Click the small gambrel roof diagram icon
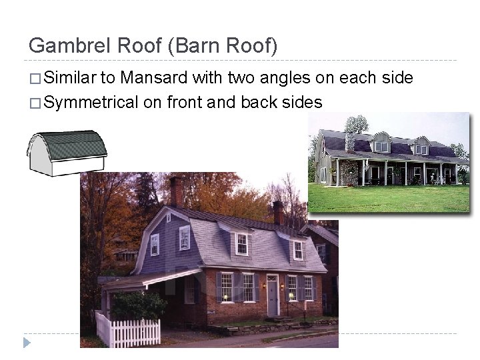pyautogui.click(x=67, y=153)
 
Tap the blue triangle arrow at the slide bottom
pyautogui.click(x=26, y=343)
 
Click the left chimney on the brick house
pyautogui.click(x=176, y=191)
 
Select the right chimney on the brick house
pyautogui.click(x=278, y=213)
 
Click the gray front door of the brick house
pyautogui.click(x=273, y=297)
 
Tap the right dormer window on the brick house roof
pyautogui.click(x=297, y=250)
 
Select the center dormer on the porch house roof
pyautogui.click(x=381, y=145)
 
